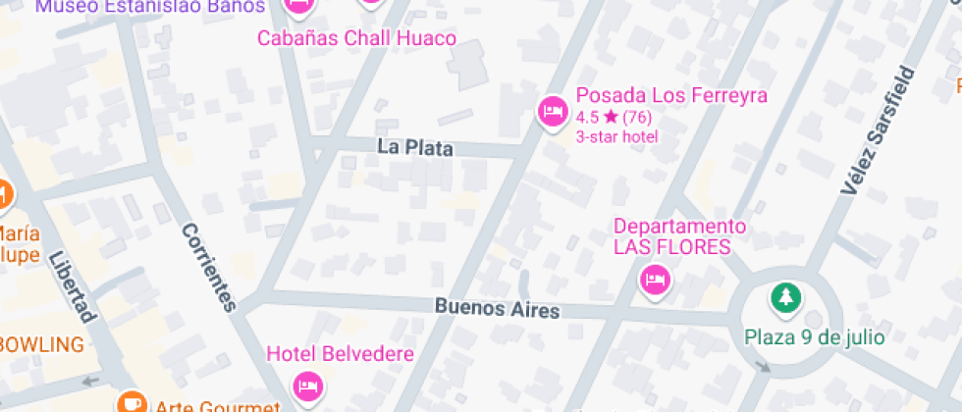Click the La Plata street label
click(x=415, y=148)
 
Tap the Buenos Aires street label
click(x=497, y=308)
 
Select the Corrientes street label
click(x=209, y=267)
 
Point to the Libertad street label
click(x=72, y=285)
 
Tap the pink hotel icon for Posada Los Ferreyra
click(x=553, y=110)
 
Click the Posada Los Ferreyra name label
click(x=671, y=95)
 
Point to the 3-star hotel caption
click(x=616, y=136)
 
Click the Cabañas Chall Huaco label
click(x=356, y=38)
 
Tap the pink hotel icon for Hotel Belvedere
click(x=308, y=385)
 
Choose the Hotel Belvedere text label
click(x=341, y=353)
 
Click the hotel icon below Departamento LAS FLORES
click(x=655, y=282)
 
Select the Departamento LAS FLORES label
click(x=679, y=236)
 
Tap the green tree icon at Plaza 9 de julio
click(x=784, y=295)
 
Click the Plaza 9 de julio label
click(x=814, y=336)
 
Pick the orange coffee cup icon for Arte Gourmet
click(x=129, y=403)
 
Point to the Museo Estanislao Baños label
click(x=150, y=7)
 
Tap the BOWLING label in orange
click(x=41, y=344)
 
